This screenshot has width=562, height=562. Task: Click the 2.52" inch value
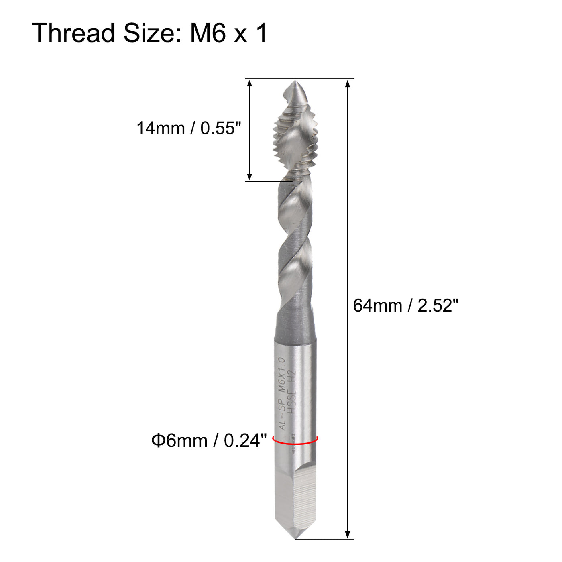point(438,305)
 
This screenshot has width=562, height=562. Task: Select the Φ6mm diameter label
point(179,441)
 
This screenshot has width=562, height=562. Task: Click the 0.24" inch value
point(245,441)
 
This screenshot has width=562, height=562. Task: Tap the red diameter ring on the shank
point(295,443)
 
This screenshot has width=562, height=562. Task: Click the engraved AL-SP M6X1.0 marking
point(283,393)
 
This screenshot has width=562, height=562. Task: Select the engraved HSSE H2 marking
point(292,389)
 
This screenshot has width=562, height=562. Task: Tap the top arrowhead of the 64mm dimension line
point(348,83)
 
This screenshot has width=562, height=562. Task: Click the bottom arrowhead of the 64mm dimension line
point(348,535)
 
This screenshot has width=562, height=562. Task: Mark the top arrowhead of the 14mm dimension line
point(250,83)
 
